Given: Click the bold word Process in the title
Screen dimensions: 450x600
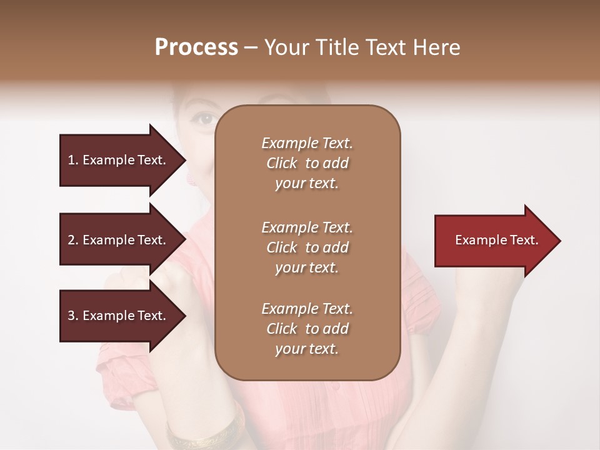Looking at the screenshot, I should (x=196, y=47).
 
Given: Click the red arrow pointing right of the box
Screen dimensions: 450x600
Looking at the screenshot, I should (x=494, y=241).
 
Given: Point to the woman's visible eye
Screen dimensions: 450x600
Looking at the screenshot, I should (x=205, y=118).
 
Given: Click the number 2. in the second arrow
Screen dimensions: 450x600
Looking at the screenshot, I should (x=73, y=240).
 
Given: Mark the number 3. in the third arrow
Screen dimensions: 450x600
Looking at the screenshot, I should (x=73, y=316).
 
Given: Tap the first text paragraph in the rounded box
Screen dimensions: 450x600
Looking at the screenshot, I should (x=307, y=163).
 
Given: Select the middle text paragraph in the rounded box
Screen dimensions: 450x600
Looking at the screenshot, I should (x=307, y=247).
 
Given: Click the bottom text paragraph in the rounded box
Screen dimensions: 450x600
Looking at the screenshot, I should (x=307, y=329).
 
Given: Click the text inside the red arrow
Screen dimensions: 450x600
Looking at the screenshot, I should (x=496, y=240).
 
